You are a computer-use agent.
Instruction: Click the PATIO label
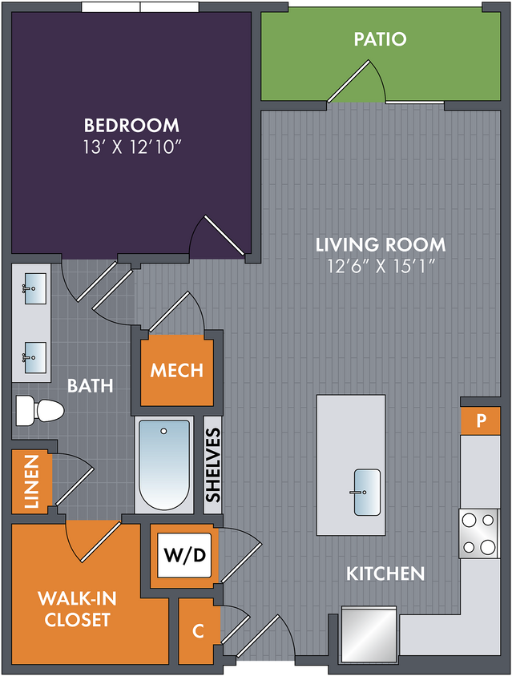(380, 39)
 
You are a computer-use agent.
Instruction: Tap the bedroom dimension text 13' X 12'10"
(131, 147)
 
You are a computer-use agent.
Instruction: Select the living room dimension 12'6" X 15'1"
(381, 266)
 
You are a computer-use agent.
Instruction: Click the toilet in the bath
(40, 410)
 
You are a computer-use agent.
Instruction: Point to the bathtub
(164, 465)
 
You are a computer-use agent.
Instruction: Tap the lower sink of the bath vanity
(35, 357)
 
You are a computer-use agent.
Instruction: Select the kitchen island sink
(367, 493)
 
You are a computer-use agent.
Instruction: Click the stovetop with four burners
(478, 533)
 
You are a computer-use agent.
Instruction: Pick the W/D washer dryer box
(184, 555)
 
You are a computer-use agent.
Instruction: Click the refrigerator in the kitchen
(369, 634)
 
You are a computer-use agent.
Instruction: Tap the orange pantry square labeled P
(481, 420)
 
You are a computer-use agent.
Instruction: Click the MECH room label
(177, 370)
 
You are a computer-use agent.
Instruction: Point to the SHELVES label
(213, 465)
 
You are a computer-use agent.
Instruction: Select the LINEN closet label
(31, 481)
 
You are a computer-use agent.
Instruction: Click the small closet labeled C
(199, 631)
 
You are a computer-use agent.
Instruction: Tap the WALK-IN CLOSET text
(77, 609)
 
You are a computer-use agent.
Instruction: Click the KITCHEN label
(385, 573)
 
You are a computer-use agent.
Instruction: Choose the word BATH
(91, 385)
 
